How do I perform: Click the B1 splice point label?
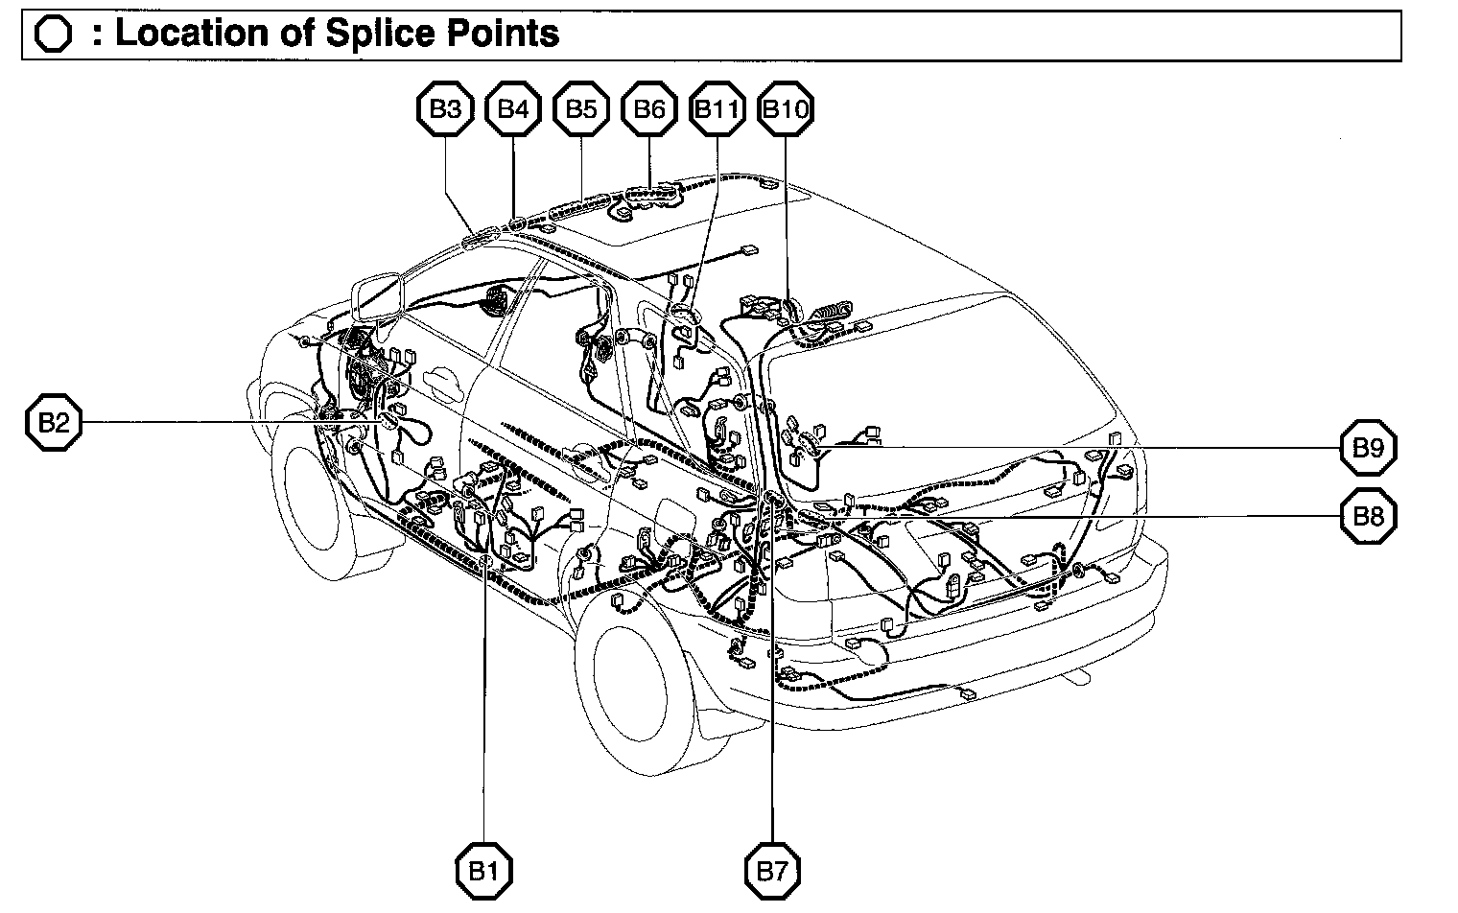coord(483,871)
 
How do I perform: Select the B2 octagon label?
coord(53,422)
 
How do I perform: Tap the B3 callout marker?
coord(445,109)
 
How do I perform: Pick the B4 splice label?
coord(514,109)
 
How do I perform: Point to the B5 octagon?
coord(581,109)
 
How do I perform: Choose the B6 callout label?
coord(649,109)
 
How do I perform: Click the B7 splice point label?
coord(772,871)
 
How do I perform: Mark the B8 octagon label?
coord(1368,516)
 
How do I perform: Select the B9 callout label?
coord(1368,447)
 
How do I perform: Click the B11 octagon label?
coord(717,109)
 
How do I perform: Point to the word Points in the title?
coord(508,35)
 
